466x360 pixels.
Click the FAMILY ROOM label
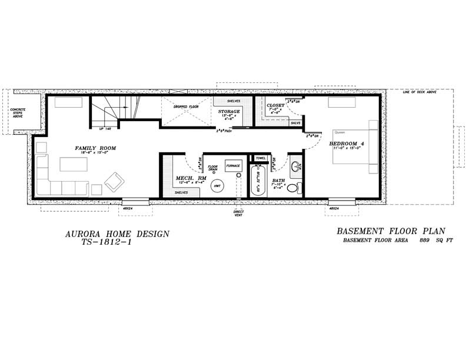(95, 148)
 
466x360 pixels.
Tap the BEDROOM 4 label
(348, 143)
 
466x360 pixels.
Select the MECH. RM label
(191, 178)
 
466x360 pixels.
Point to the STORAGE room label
(229, 111)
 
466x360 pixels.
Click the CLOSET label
(275, 105)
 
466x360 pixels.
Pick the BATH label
(278, 181)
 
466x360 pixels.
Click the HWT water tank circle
(217, 186)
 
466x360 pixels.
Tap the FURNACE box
(233, 166)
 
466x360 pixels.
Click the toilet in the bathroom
(294, 188)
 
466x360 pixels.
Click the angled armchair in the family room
(114, 181)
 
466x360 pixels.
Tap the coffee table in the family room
(73, 164)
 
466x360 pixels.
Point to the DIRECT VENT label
(238, 213)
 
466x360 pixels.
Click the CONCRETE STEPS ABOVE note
(18, 112)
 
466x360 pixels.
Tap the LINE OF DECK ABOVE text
(420, 92)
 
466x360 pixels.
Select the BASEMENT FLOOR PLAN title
(391, 231)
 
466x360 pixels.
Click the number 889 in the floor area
(423, 241)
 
